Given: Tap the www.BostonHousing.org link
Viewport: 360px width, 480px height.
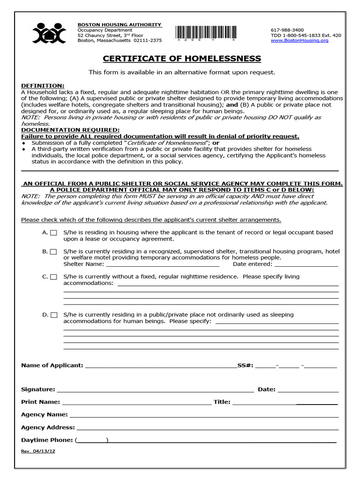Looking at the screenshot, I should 299,41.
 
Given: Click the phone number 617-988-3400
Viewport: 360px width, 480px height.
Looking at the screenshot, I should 287,30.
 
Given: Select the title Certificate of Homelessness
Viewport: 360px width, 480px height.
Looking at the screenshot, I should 182,59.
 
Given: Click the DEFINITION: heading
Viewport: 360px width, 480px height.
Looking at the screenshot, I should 43,86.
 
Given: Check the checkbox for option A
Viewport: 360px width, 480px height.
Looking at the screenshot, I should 54,232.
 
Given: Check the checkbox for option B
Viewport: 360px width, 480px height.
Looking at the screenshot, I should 54,252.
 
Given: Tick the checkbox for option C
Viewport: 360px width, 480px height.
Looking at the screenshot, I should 54,277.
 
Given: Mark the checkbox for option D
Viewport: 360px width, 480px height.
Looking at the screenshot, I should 54,315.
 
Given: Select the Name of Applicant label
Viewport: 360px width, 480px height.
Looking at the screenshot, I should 52,365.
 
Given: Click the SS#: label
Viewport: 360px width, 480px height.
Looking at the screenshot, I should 245,365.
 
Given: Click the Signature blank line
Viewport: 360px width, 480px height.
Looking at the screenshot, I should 155,390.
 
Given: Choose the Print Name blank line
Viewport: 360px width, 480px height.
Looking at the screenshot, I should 136,402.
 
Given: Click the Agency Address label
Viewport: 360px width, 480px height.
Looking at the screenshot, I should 48,427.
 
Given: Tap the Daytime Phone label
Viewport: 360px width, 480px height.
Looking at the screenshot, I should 47,440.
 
